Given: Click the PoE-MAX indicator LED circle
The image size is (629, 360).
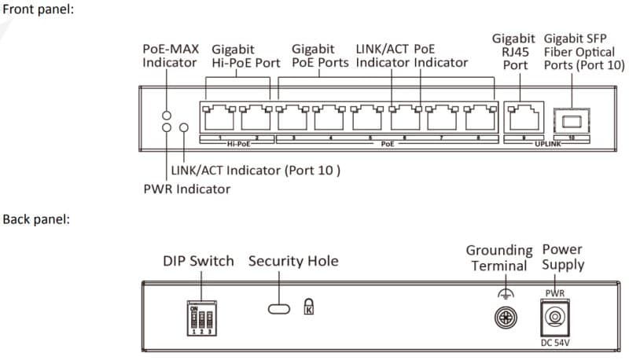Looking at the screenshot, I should pos(167,113).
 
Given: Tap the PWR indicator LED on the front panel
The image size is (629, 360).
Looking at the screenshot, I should pos(167,127).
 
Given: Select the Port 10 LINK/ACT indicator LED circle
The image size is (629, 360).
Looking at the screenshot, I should pos(185,127).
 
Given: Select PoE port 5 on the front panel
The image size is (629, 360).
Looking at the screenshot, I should pos(368,120).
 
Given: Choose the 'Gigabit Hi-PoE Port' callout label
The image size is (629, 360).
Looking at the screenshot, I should pos(245,56).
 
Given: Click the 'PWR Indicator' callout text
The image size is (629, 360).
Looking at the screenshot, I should pos(186,189).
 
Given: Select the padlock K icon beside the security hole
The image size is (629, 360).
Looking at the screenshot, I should pos(308,307).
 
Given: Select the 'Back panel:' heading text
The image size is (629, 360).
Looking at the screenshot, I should pos(37,219).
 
